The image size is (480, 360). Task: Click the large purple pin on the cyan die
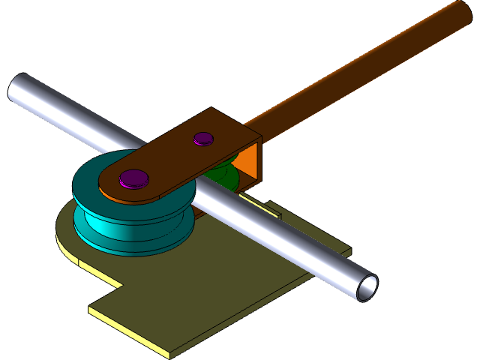[x=134, y=178]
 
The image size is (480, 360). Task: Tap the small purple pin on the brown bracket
[x=203, y=139]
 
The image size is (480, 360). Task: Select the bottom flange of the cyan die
[x=120, y=244]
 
